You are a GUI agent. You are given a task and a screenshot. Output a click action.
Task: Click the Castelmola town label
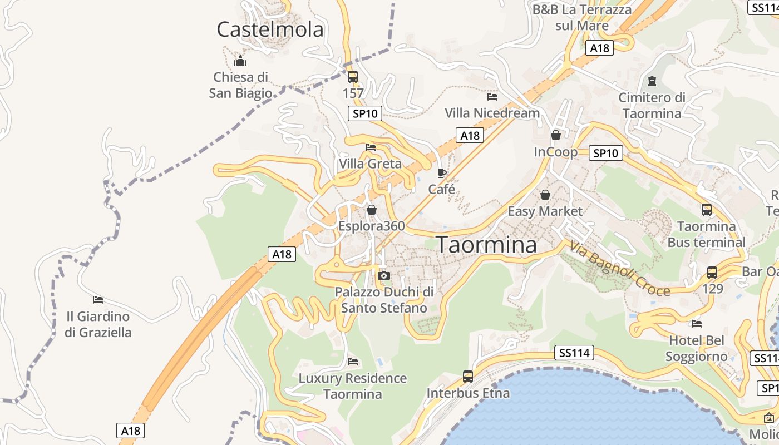[270, 29]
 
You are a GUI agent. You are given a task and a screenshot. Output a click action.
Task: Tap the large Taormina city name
[486, 245]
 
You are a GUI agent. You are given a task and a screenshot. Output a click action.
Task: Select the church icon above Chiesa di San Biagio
[240, 60]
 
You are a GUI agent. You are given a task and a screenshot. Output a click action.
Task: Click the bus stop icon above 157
[353, 77]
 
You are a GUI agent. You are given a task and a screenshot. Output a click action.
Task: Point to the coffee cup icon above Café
[442, 173]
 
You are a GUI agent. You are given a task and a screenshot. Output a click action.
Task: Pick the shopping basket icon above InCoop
[555, 135]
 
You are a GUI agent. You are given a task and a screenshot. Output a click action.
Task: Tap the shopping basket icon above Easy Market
[545, 195]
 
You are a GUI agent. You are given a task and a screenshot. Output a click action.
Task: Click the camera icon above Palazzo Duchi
[383, 275]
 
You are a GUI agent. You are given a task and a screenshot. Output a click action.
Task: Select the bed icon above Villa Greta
[371, 147]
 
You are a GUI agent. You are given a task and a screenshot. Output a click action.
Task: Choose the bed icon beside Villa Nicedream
[492, 96]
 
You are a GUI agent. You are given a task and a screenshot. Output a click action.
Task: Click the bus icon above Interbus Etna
[468, 377]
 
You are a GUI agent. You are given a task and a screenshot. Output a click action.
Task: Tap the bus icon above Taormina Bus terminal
[707, 210]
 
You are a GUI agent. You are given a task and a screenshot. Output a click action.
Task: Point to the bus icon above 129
[712, 273]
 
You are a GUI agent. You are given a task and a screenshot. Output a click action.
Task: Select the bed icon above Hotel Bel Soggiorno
[696, 323]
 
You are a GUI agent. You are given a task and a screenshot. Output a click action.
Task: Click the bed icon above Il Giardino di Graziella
[98, 300]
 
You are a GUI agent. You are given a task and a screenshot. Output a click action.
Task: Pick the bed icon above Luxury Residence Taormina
[353, 362]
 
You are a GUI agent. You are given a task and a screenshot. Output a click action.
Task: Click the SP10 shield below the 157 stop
[365, 113]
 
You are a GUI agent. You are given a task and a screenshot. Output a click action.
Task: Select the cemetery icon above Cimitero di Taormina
[652, 82]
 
